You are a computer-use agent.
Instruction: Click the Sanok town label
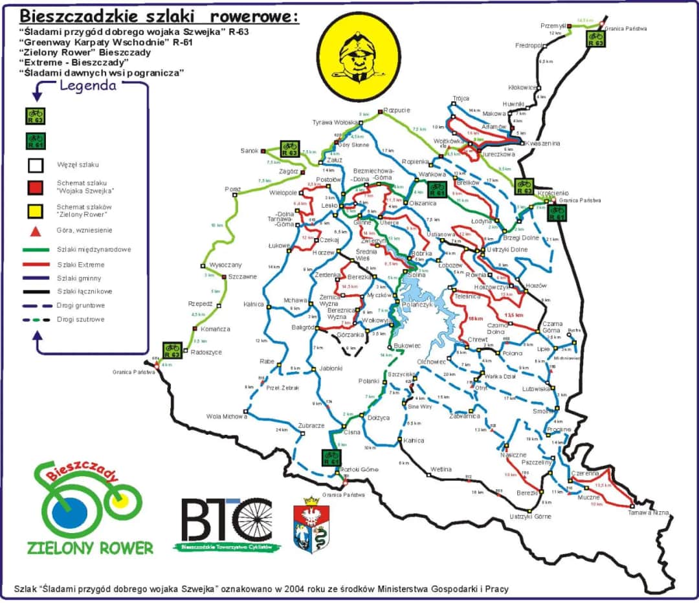click(x=249, y=151)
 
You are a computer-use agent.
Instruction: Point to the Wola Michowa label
click(x=227, y=416)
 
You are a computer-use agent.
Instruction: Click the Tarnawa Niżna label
click(x=649, y=513)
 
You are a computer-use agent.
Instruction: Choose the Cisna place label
click(x=352, y=432)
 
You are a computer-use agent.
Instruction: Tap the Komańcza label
click(x=216, y=329)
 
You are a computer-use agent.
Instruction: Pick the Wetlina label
click(x=440, y=468)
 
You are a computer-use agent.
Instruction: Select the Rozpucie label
click(x=397, y=110)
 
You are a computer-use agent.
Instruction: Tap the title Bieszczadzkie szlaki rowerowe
click(x=159, y=15)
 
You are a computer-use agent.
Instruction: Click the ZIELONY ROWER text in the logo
click(x=90, y=547)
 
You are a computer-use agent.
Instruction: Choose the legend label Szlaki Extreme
click(x=80, y=265)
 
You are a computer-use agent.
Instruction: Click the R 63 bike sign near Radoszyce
click(x=172, y=351)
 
